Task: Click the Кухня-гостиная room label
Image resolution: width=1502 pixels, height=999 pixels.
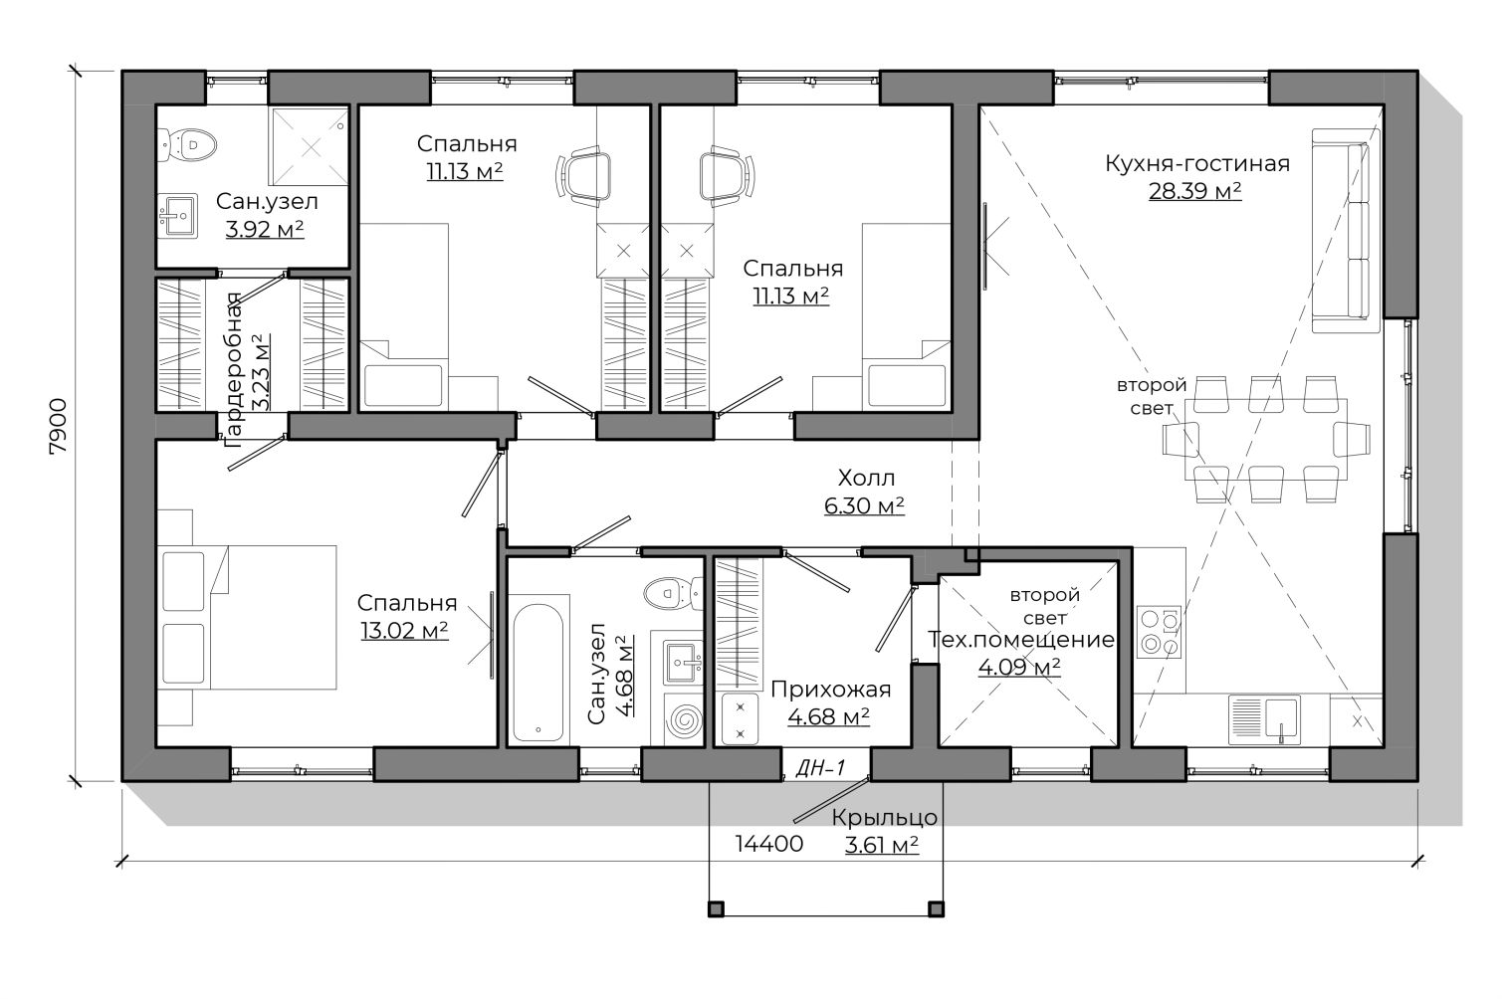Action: (x=1196, y=163)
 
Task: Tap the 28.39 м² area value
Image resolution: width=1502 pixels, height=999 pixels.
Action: (x=1194, y=191)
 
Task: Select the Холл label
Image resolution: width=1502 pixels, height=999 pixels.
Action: (x=866, y=478)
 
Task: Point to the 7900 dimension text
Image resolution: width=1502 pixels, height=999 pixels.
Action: (x=59, y=427)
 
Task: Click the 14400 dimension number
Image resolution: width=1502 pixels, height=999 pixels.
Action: (x=769, y=844)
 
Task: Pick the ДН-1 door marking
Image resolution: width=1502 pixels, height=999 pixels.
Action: (x=820, y=768)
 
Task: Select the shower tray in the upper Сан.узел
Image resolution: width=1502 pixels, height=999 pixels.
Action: (x=310, y=145)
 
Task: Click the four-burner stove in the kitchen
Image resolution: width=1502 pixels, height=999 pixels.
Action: (x=1159, y=632)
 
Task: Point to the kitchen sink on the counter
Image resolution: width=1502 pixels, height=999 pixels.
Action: (x=1264, y=720)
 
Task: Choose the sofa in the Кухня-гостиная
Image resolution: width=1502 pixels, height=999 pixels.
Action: (x=1346, y=231)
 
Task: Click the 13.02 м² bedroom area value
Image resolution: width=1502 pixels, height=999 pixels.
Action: (x=404, y=631)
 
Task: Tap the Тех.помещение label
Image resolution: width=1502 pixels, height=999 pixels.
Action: (x=1020, y=640)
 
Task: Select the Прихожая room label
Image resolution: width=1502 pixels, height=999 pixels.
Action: (x=831, y=690)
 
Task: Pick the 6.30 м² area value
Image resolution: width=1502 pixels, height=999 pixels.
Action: (x=864, y=505)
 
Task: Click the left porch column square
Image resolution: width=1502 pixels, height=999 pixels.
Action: (x=716, y=909)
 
